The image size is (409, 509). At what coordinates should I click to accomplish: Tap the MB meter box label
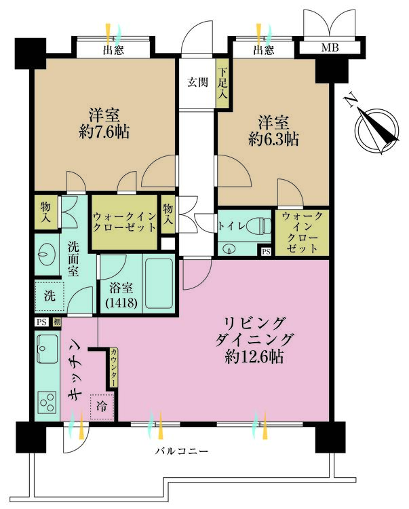[330, 48]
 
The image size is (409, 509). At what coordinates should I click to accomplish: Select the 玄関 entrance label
[197, 82]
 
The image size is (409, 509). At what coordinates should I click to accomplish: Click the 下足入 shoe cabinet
[222, 83]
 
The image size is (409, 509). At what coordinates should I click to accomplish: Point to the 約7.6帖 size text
[104, 132]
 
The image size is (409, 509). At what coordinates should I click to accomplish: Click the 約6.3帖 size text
[273, 139]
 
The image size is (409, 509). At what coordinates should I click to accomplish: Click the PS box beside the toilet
[266, 251]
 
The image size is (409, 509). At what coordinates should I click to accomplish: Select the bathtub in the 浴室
[159, 284]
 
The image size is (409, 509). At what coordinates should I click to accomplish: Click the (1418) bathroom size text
[121, 303]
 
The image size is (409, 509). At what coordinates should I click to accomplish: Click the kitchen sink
[47, 349]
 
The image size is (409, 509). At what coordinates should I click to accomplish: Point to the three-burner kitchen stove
[47, 402]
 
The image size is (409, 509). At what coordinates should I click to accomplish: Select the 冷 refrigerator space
[102, 407]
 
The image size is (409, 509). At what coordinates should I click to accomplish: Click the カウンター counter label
[113, 367]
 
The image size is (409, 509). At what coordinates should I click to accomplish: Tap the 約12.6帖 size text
[254, 357]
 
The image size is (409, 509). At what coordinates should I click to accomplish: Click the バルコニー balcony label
[181, 451]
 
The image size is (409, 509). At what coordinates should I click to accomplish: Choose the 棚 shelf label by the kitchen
[57, 322]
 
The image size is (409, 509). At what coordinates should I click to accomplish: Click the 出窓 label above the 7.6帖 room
[113, 50]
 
